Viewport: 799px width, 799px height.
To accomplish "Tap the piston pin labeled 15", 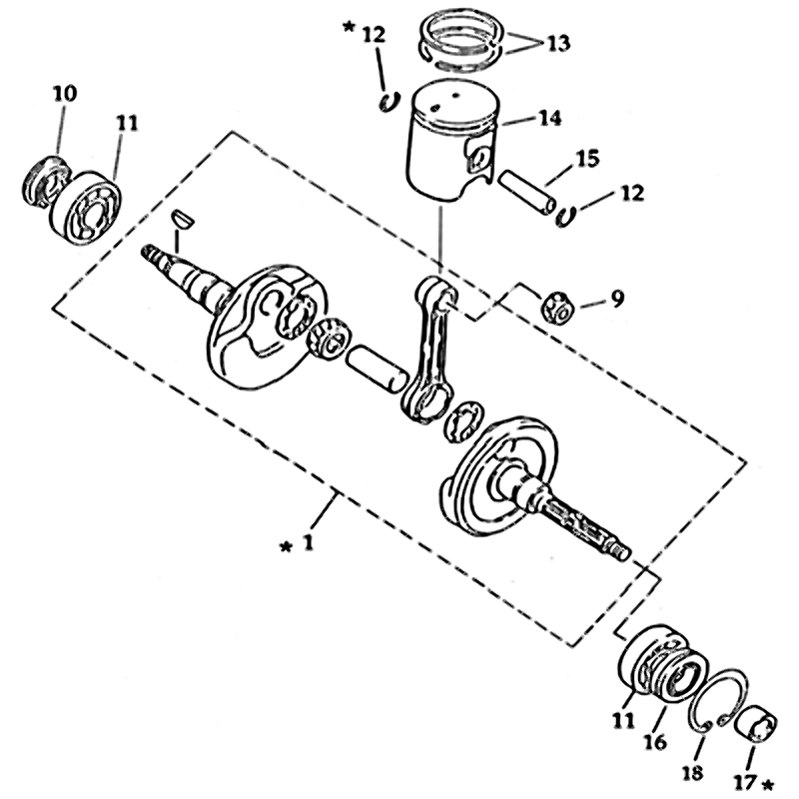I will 529,191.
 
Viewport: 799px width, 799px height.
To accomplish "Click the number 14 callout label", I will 548,118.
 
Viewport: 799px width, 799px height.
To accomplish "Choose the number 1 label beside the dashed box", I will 310,543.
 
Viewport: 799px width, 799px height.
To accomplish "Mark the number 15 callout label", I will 586,158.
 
